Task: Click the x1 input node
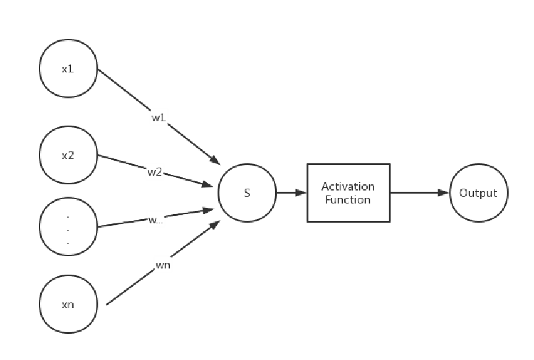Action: tap(68, 69)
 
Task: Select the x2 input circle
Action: tap(68, 155)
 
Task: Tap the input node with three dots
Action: tap(68, 226)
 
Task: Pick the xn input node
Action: tap(68, 304)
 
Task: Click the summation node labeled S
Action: tap(247, 193)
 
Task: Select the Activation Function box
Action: tap(348, 193)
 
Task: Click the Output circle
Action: tap(478, 193)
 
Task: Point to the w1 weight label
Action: tap(159, 117)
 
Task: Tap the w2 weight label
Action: tap(155, 172)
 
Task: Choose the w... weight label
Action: tap(155, 220)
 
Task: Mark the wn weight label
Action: tap(163, 265)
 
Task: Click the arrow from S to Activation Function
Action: tap(291, 193)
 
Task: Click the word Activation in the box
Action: tap(348, 186)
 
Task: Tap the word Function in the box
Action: tap(348, 200)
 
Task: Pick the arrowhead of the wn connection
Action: tap(214, 225)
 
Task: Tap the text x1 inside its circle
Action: tap(68, 69)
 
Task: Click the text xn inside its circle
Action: tap(68, 304)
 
